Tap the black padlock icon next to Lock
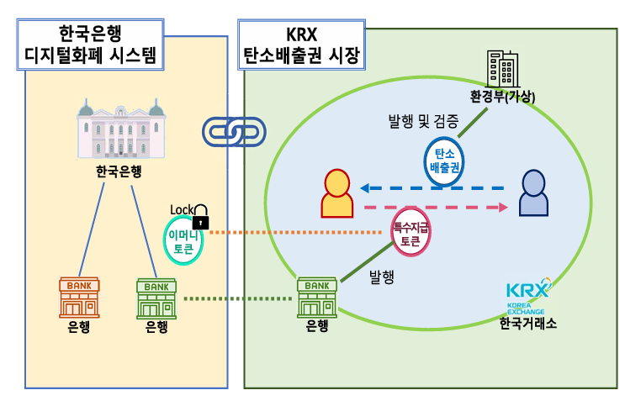[x=200, y=218]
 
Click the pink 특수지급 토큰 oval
[x=411, y=233]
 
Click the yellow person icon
[x=337, y=194]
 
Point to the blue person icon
[x=532, y=194]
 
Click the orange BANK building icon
[x=79, y=297]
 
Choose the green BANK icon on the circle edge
[x=317, y=297]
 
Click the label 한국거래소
[x=527, y=324]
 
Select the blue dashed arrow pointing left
[x=432, y=187]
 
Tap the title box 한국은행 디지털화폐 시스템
[x=90, y=45]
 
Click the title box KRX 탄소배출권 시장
[x=300, y=45]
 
